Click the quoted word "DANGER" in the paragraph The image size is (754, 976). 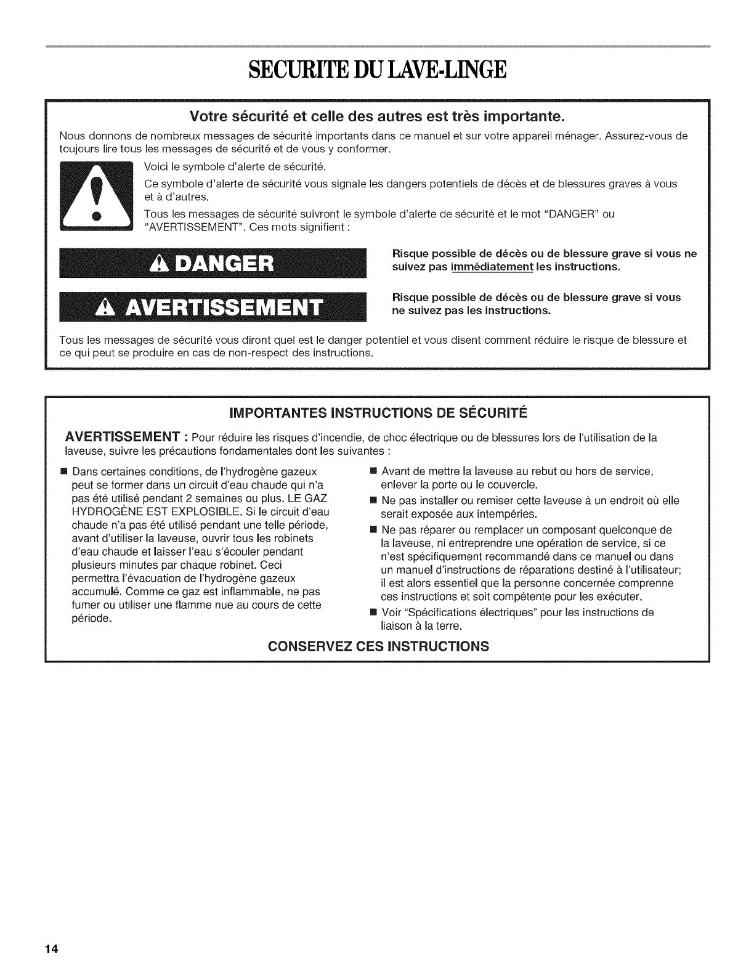coord(570,214)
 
